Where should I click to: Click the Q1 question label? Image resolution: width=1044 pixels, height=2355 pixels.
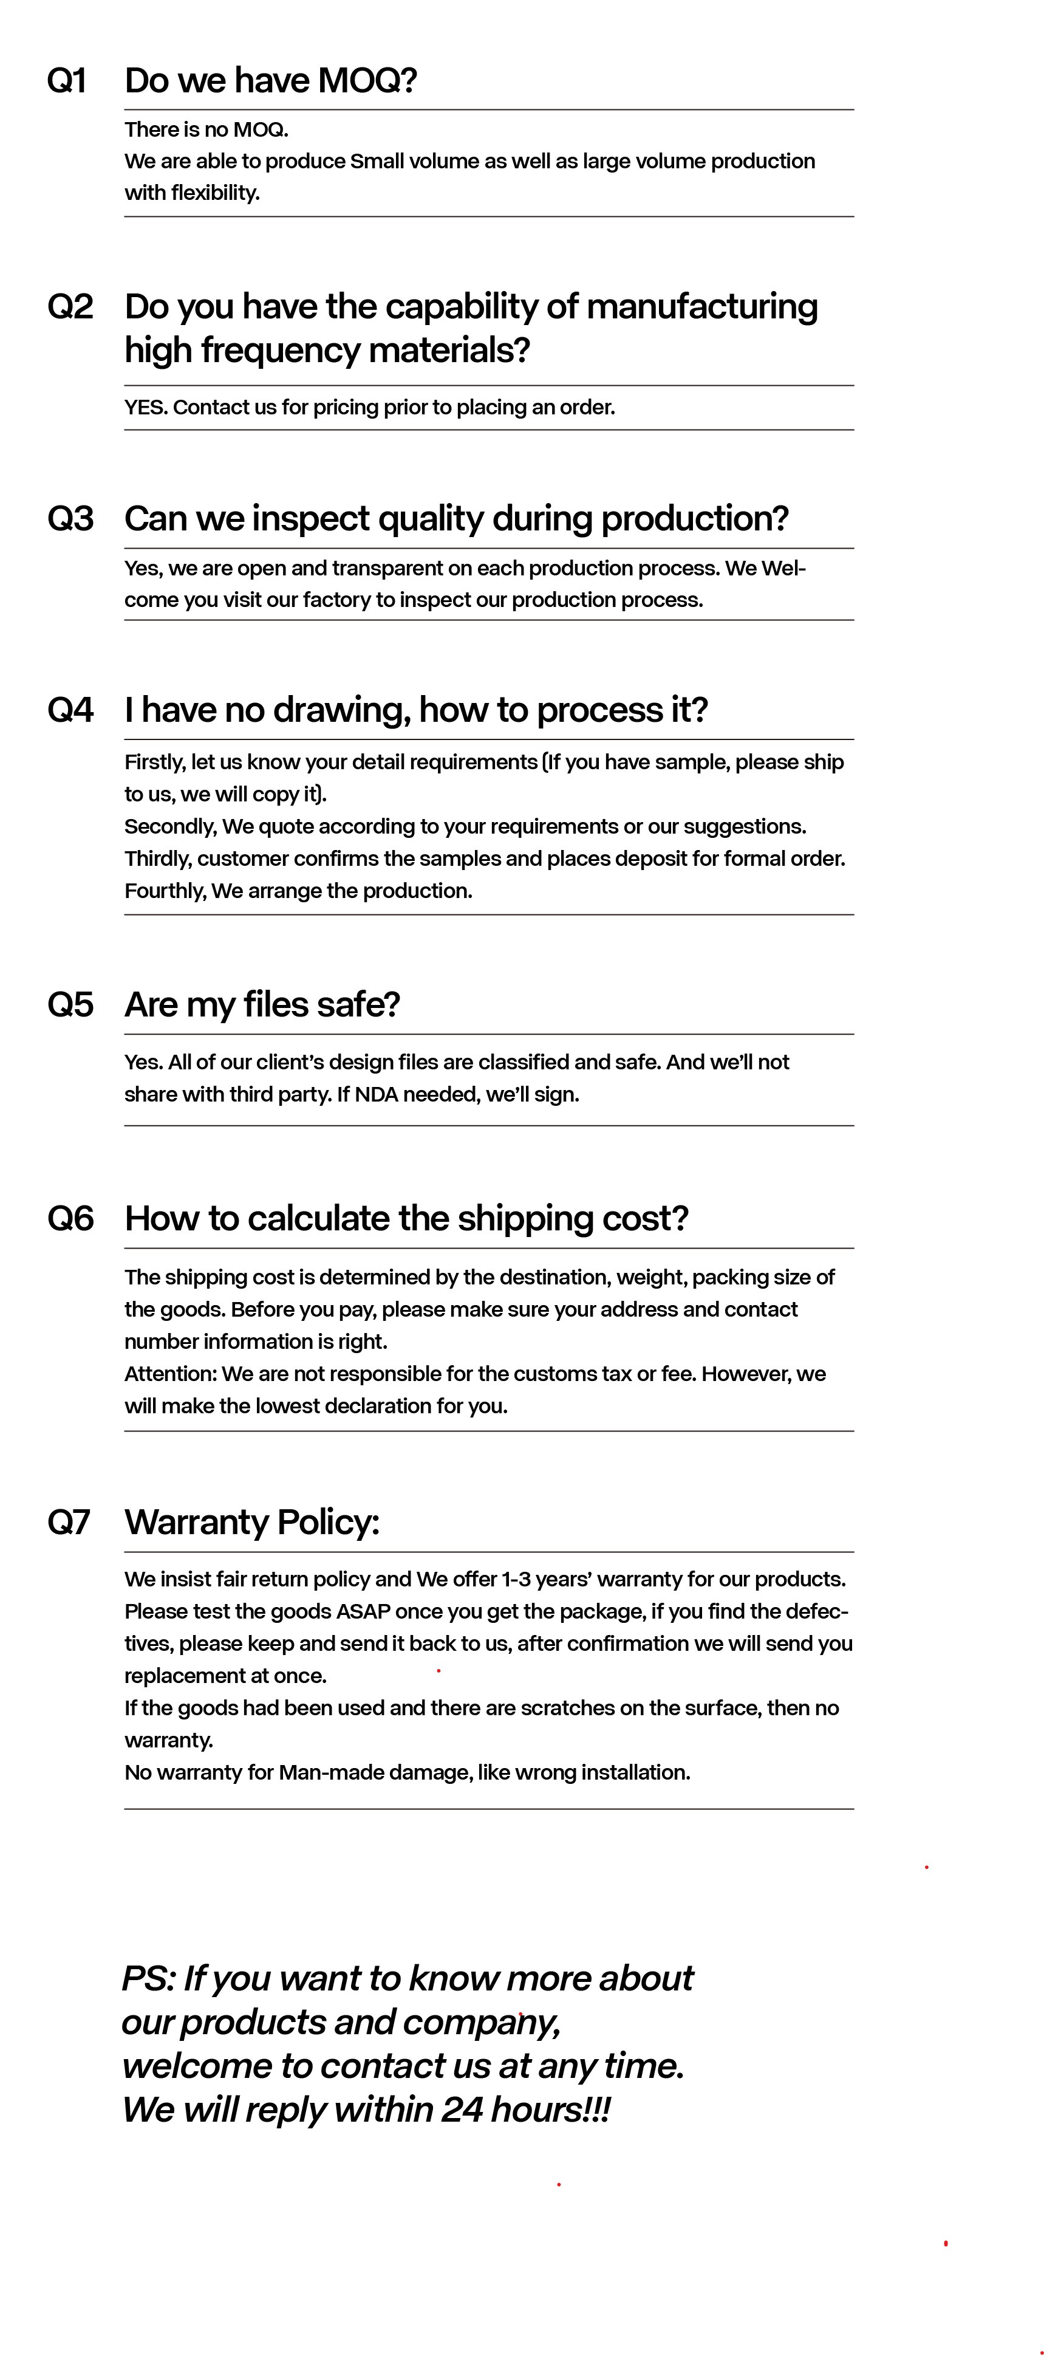(x=67, y=80)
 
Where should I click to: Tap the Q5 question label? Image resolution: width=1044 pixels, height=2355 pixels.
(x=70, y=1004)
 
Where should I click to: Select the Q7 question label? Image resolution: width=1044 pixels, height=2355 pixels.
(x=69, y=1521)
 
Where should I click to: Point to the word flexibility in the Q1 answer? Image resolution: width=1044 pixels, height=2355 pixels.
(x=215, y=193)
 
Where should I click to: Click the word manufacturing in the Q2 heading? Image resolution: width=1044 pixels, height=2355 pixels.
(x=701, y=306)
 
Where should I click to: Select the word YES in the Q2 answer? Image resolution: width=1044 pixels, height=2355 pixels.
(x=145, y=407)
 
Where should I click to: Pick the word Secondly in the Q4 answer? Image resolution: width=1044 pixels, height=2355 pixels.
(x=170, y=826)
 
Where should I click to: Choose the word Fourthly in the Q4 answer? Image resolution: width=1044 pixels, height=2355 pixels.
(x=165, y=891)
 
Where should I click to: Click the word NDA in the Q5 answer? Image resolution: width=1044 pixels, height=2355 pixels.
(x=376, y=1094)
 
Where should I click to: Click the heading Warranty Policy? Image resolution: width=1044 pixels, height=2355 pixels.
(x=251, y=1521)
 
